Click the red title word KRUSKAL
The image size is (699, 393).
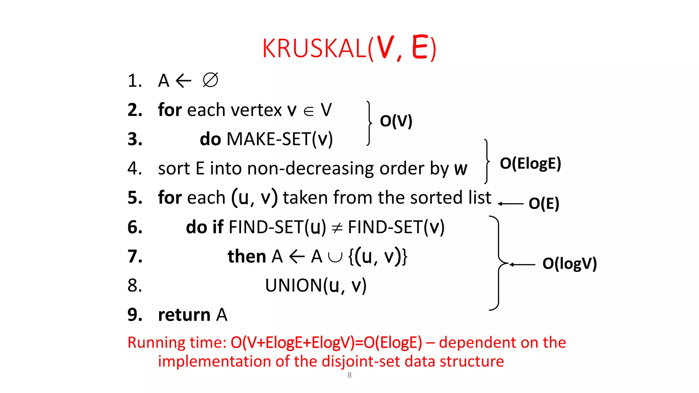314,48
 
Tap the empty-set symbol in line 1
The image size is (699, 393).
210,81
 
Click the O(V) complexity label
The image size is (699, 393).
396,121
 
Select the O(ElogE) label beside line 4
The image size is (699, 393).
530,164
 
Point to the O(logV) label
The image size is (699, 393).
569,264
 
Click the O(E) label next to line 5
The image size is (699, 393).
544,204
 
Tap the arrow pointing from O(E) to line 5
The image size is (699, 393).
511,204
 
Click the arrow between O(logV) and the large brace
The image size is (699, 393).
522,264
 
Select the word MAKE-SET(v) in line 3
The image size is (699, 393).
280,139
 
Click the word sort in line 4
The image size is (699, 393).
174,169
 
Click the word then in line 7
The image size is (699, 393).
247,257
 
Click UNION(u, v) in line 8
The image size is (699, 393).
316,286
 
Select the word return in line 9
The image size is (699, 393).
184,315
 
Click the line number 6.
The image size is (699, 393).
135,227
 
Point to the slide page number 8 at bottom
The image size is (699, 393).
349,375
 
